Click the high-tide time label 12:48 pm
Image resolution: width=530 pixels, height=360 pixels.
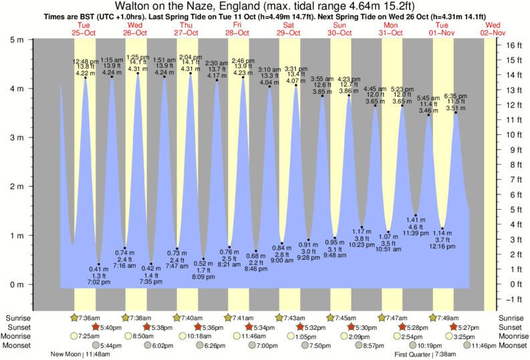[x=85, y=61]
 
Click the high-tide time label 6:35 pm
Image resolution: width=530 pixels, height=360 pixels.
[x=456, y=96]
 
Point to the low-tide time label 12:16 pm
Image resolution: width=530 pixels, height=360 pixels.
[x=442, y=246]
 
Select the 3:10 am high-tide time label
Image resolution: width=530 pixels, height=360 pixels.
[x=269, y=69]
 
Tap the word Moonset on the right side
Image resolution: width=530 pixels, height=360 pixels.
[x=511, y=346]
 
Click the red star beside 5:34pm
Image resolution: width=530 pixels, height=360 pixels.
[x=249, y=327]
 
